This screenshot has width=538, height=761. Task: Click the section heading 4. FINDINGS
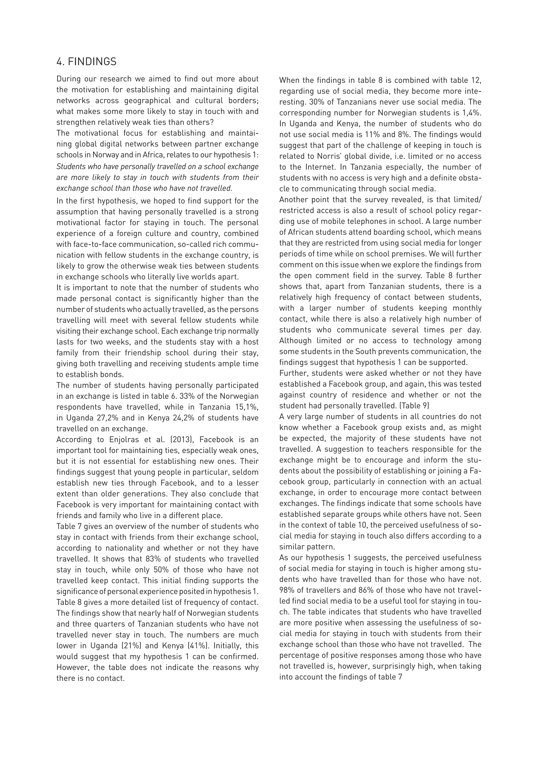point(86,62)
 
